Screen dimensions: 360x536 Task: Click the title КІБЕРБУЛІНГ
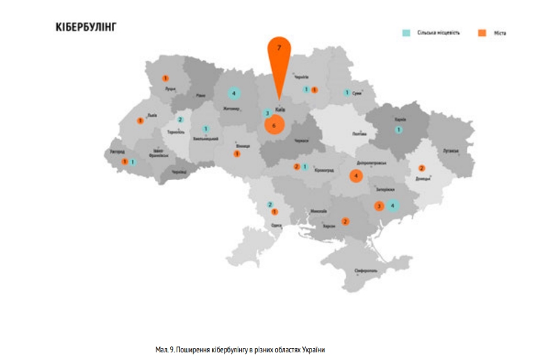click(86, 27)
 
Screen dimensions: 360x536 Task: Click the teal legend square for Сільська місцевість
click(405, 33)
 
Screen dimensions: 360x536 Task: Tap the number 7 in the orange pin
click(279, 47)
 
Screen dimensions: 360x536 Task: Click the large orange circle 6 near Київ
click(274, 126)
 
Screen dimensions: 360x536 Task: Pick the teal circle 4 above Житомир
click(234, 93)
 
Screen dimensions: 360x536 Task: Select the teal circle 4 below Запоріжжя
click(393, 205)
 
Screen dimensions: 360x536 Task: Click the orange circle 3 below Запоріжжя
click(379, 206)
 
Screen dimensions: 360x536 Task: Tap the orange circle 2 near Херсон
click(345, 222)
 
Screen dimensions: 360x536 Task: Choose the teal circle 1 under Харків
click(398, 129)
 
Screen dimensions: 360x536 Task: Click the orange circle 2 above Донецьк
click(421, 168)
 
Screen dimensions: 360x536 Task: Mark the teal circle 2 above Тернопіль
click(179, 120)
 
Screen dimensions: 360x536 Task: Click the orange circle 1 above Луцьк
click(165, 79)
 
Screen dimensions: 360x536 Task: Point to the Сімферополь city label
click(366, 269)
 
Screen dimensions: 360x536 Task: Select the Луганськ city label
click(452, 150)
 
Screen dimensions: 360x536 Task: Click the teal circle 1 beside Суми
click(346, 92)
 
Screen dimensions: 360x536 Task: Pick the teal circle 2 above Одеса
click(270, 204)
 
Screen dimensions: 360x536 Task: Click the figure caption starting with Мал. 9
click(241, 349)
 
